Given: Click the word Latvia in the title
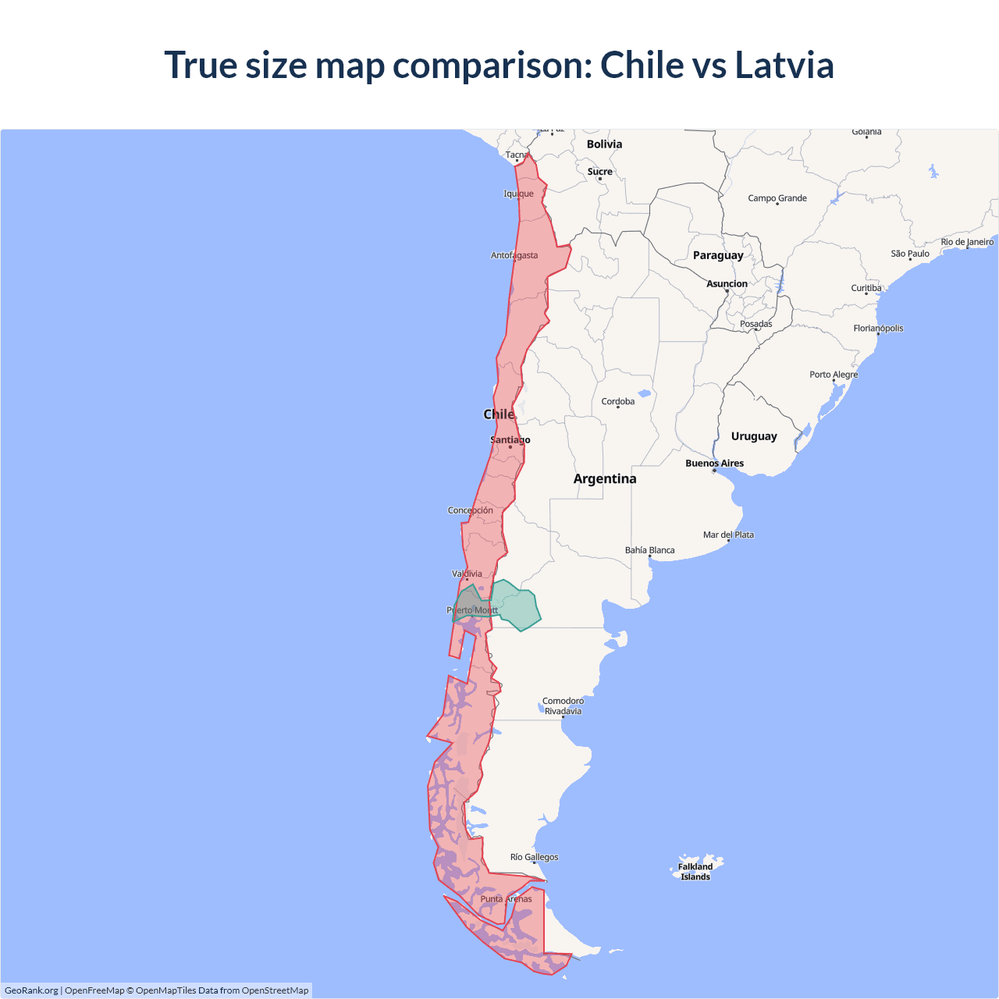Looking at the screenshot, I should coord(784,65).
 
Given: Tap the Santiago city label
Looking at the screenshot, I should coord(510,440).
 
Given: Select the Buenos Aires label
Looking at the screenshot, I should coord(714,463).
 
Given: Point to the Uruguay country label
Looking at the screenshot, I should coord(754,436).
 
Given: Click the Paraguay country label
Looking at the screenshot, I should coord(718,255).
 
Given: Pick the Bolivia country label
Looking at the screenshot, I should coord(604,144).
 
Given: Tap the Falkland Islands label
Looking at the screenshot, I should coord(695,871).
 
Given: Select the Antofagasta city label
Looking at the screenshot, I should coord(514,255).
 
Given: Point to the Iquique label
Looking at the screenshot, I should coord(519,194).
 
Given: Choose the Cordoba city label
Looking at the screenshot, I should coord(618,402).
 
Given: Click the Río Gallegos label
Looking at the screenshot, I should coord(535,857).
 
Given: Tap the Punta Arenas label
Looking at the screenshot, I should coord(506,899).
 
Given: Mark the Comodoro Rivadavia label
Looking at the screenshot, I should coord(563,706).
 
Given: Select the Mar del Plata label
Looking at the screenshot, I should coord(728,535).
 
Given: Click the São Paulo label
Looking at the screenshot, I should coord(910,254).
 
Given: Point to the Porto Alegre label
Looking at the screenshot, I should coord(834,375).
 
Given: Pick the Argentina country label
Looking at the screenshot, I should coord(605,478).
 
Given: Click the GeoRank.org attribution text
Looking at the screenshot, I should coord(31,990).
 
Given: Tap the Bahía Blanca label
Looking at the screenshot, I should coord(649,550).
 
